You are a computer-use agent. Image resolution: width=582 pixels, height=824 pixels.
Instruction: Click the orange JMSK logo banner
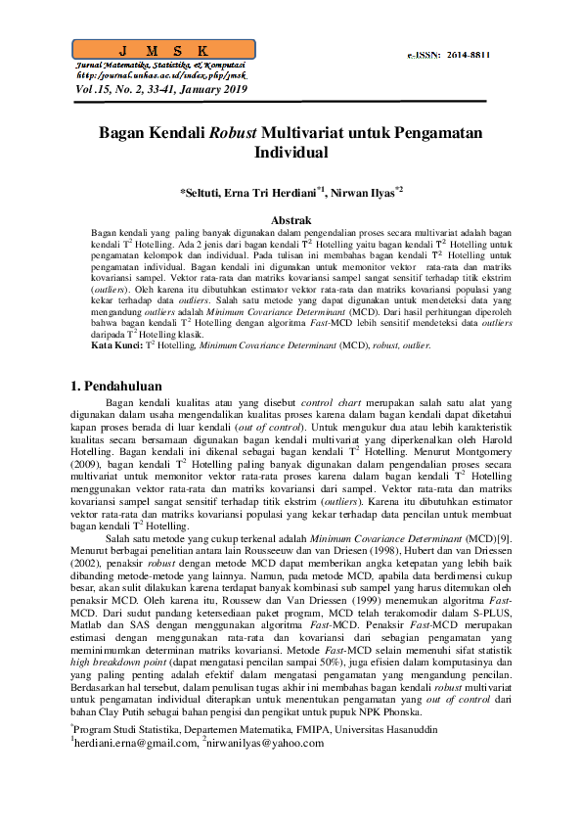point(164,50)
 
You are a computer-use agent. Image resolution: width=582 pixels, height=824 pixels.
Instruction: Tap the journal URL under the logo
point(161,75)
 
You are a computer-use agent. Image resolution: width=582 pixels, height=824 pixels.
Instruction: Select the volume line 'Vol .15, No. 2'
point(161,89)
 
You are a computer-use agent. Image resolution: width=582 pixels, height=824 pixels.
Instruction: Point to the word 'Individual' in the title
point(291,154)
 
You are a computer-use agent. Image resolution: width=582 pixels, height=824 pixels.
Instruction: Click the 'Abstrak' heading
point(291,221)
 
